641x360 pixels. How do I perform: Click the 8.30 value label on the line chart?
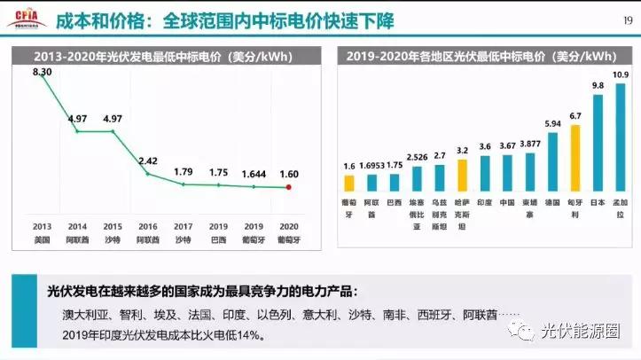pyautogui.click(x=42, y=72)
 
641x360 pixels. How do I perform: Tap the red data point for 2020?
pyautogui.click(x=288, y=187)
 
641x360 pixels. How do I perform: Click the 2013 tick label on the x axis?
pyautogui.click(x=42, y=224)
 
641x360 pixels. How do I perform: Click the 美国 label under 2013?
pyautogui.click(x=42, y=239)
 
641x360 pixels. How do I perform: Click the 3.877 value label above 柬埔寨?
pyautogui.click(x=529, y=143)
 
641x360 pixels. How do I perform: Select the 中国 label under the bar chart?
pyautogui.click(x=507, y=201)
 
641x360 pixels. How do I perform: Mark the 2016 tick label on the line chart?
pyautogui.click(x=147, y=224)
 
